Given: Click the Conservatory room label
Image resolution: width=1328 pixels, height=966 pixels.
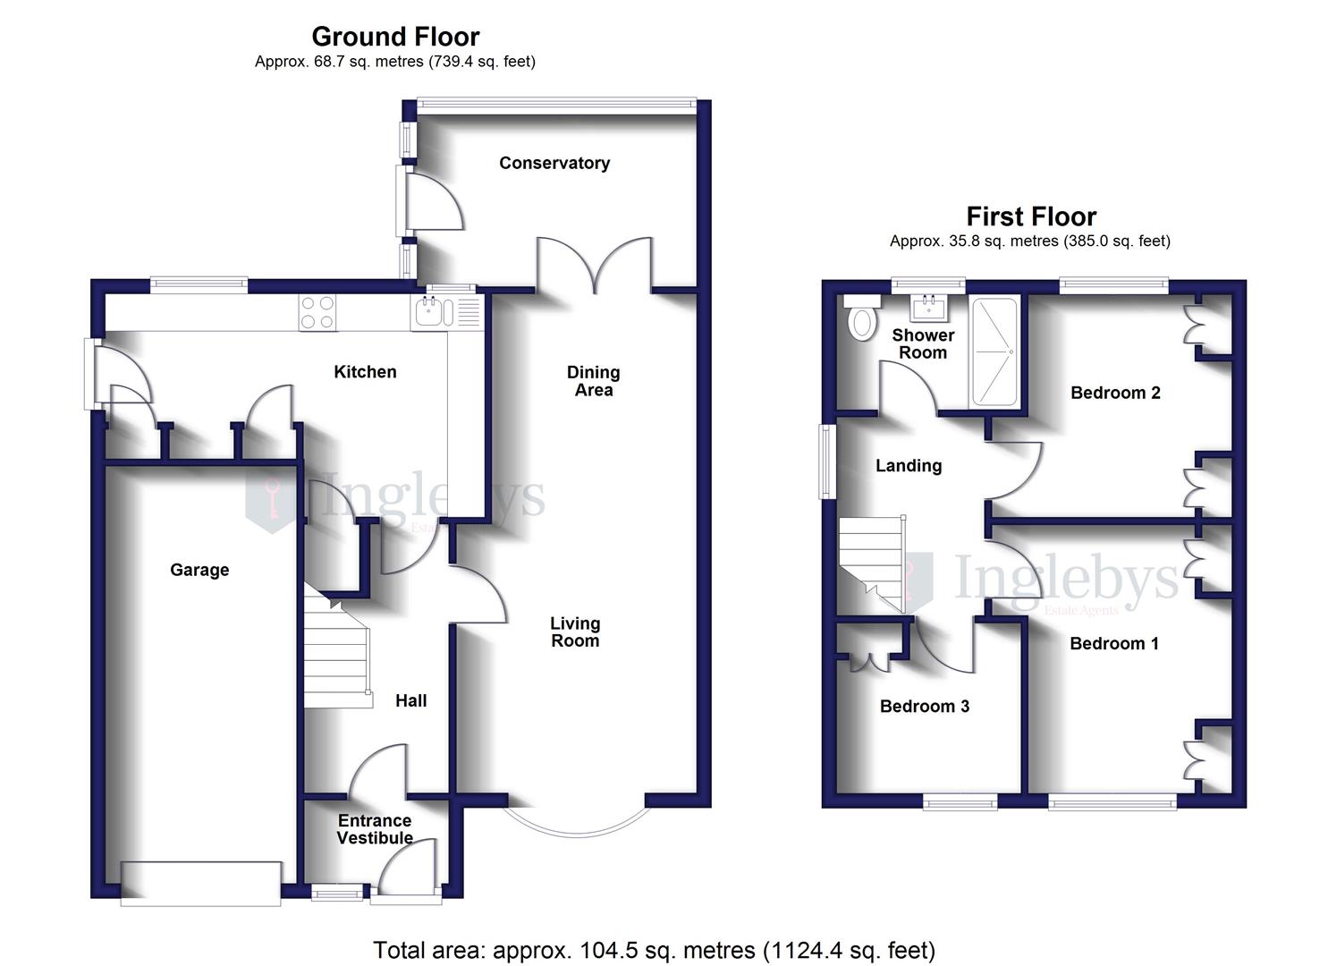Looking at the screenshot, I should point(554,163).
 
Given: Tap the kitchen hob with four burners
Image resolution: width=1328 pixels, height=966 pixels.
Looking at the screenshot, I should point(317,313).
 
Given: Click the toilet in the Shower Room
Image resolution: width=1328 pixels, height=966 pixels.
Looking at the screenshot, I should point(862,321).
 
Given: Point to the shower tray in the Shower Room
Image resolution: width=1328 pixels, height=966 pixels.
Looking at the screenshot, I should point(994,352).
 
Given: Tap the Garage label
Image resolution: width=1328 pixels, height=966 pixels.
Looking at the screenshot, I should point(199,570).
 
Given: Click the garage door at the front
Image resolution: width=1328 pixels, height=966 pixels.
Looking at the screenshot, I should point(201,882).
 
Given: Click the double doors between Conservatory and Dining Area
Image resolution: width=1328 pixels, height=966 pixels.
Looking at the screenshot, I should point(594,264).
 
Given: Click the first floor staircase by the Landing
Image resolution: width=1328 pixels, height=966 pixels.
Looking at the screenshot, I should point(872,563).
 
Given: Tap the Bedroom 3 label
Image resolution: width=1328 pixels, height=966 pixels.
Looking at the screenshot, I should point(924,706).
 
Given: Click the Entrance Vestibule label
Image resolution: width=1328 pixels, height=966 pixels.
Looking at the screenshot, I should point(375,829).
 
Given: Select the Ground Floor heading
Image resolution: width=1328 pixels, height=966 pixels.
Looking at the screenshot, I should point(395,37).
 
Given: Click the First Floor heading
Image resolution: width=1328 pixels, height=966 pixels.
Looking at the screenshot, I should point(1030,216).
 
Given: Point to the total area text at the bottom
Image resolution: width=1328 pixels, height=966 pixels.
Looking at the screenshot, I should point(654,949).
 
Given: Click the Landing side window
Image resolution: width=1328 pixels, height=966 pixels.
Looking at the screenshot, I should point(828,462).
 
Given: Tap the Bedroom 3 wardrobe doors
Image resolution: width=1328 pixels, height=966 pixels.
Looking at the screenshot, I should point(869,660).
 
